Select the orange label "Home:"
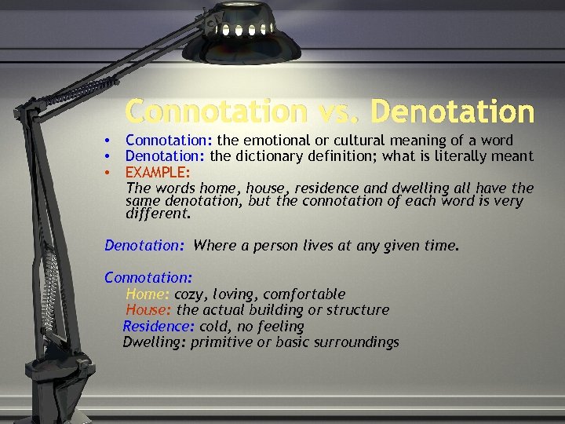coord(148,294)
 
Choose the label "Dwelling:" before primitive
coord(155,342)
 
